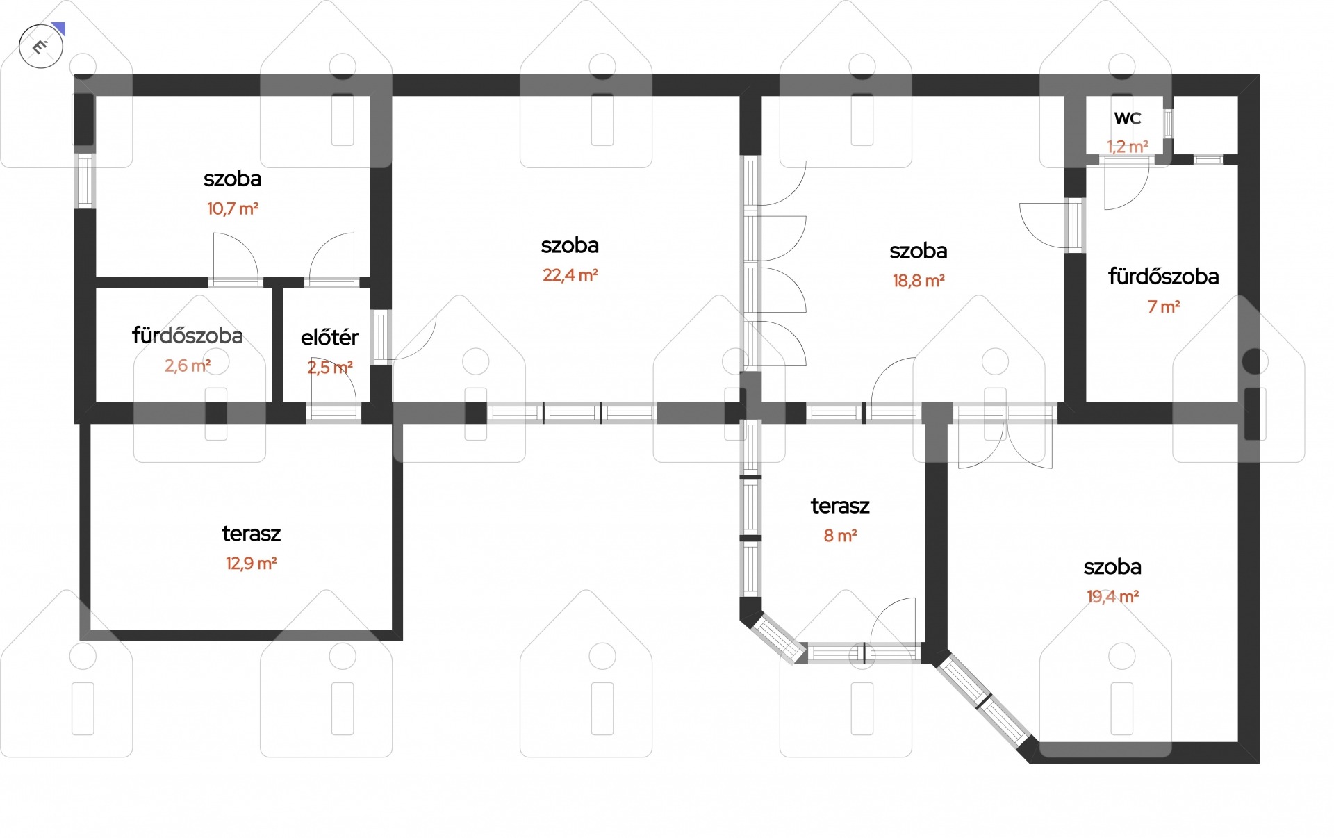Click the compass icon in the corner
(42, 47)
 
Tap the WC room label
(1128, 118)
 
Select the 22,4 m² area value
(570, 275)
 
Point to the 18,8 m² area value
(919, 281)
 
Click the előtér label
(330, 338)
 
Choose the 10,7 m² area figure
(233, 208)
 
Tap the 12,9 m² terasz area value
(252, 564)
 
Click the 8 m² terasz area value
(840, 536)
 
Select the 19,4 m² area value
(1112, 597)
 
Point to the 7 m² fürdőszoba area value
(1164, 306)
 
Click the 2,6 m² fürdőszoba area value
(188, 365)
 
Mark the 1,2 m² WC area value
(1128, 147)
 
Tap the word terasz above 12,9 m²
(252, 534)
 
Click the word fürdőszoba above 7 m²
(1164, 277)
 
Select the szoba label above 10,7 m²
(233, 179)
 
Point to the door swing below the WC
(1126, 185)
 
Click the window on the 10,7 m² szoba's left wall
(85, 180)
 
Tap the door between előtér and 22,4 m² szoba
(405, 338)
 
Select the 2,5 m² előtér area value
(330, 368)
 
